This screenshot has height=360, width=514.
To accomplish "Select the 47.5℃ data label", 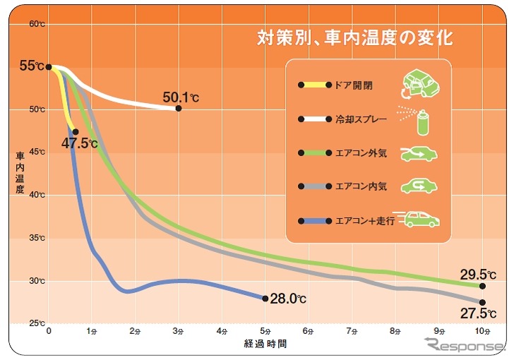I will [x=79, y=143].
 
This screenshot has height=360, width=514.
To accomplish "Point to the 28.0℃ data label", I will [x=288, y=299].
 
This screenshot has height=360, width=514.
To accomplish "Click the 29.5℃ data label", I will [x=477, y=274].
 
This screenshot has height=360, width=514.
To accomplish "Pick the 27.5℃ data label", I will [x=477, y=313].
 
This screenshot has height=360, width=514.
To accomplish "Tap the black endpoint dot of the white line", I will [x=178, y=108].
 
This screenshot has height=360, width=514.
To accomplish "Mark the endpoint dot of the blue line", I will [x=265, y=299].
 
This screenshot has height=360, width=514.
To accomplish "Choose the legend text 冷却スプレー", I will [x=361, y=119].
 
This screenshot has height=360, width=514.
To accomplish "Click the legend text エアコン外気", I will [x=361, y=153].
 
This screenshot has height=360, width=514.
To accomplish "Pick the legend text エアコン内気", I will [x=361, y=187].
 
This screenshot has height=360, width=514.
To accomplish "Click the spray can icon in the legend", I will [x=421, y=120].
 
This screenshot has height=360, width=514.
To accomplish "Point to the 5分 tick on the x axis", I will [x=265, y=330].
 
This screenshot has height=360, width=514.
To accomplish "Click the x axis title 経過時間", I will [x=265, y=344].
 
